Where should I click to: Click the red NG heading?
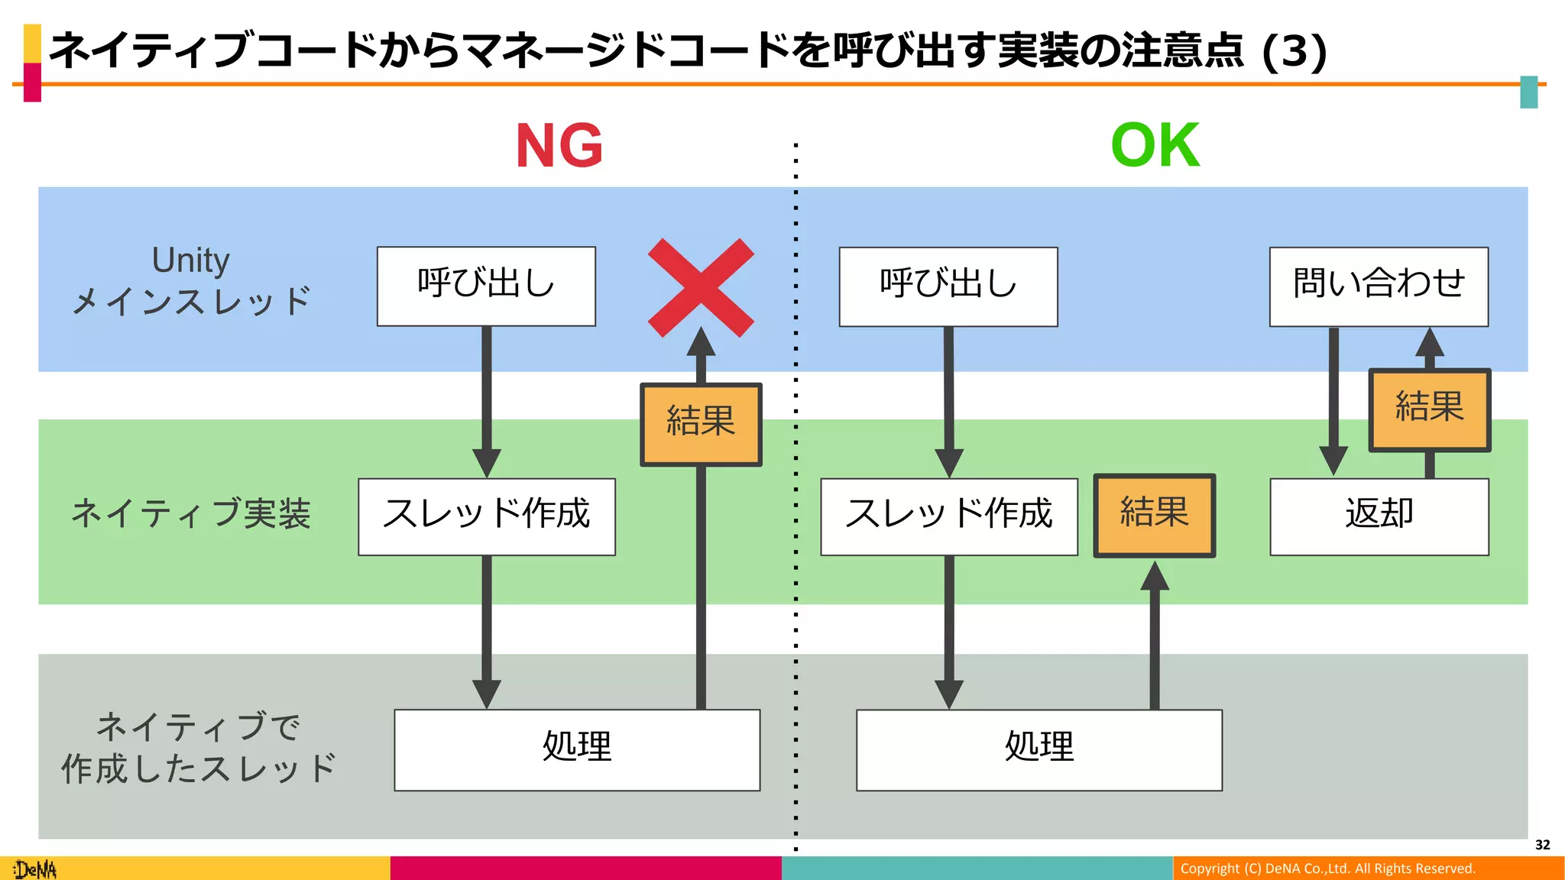tap(559, 146)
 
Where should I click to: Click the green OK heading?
tap(1155, 146)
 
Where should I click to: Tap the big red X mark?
tap(701, 287)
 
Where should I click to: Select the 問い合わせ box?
tap(1379, 286)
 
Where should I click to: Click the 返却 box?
tap(1379, 516)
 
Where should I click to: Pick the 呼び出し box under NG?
tap(486, 286)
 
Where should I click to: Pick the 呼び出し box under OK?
tap(948, 286)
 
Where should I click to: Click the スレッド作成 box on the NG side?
tap(487, 516)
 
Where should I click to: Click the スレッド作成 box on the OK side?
tap(949, 516)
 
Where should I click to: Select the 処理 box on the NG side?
tap(577, 749)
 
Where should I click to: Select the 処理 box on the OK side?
tap(1039, 749)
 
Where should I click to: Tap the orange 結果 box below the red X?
tap(701, 425)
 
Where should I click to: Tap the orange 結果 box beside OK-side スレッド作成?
tap(1154, 516)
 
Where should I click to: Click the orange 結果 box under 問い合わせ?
tap(1429, 410)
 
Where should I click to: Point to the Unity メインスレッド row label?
tap(191, 280)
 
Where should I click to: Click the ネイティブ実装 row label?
tap(191, 513)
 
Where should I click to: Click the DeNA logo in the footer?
tap(35, 869)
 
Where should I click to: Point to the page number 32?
tap(1542, 845)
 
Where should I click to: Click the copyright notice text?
tap(1327, 869)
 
